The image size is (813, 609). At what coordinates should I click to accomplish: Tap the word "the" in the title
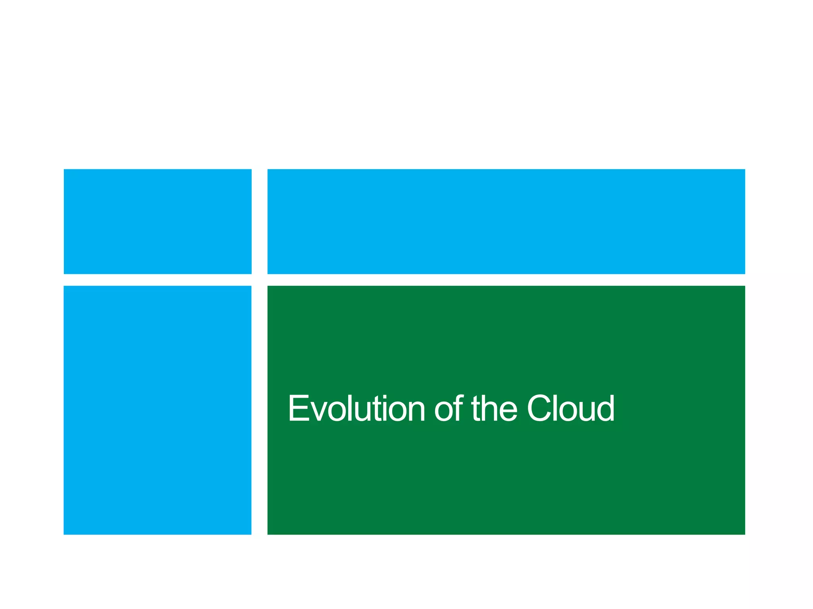coord(494,408)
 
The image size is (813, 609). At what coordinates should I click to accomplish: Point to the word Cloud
coord(571,408)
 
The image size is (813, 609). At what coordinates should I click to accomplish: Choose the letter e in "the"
coord(509,412)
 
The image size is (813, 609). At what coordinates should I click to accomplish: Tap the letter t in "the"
coord(476,409)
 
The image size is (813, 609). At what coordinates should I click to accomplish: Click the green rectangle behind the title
coord(506,476)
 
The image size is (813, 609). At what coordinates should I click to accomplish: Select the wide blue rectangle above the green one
coord(506,221)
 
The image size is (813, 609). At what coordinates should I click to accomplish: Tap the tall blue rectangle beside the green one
coord(158,410)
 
